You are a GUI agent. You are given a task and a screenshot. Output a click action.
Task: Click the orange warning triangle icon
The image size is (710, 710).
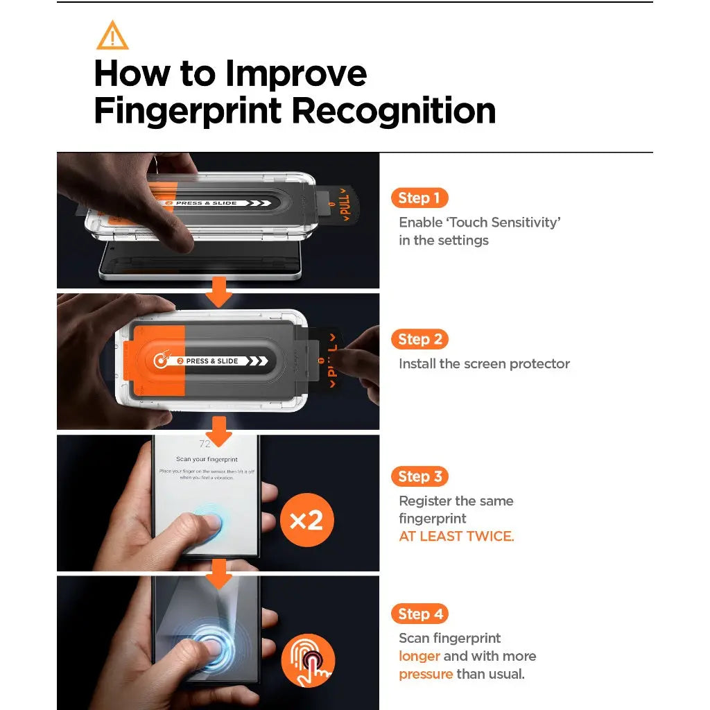[x=112, y=36]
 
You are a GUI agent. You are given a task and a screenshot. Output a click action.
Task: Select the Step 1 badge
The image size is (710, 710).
[x=419, y=198]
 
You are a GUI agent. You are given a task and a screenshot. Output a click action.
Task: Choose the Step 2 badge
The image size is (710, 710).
[x=419, y=340]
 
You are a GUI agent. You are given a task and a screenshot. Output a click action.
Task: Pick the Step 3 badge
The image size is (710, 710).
[x=419, y=477]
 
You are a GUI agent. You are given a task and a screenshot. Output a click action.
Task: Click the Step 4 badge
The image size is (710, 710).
[x=419, y=614]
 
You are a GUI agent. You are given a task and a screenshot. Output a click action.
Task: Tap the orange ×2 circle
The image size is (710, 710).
[x=306, y=520]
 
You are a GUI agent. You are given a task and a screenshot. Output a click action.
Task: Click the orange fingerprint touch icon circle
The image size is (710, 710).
[x=308, y=661]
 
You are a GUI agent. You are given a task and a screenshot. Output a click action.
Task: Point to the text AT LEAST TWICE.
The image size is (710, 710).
[x=456, y=537]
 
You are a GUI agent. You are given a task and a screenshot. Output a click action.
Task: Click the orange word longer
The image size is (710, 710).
[x=419, y=656]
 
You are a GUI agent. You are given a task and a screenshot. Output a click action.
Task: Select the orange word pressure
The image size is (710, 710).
[x=425, y=674]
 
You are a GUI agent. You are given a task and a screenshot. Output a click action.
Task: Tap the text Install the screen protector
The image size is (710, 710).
[x=484, y=364]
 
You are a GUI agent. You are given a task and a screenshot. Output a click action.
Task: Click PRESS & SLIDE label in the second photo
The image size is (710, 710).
[x=211, y=361]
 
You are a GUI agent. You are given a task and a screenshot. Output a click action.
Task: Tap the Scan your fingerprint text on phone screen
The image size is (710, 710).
[x=207, y=459]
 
